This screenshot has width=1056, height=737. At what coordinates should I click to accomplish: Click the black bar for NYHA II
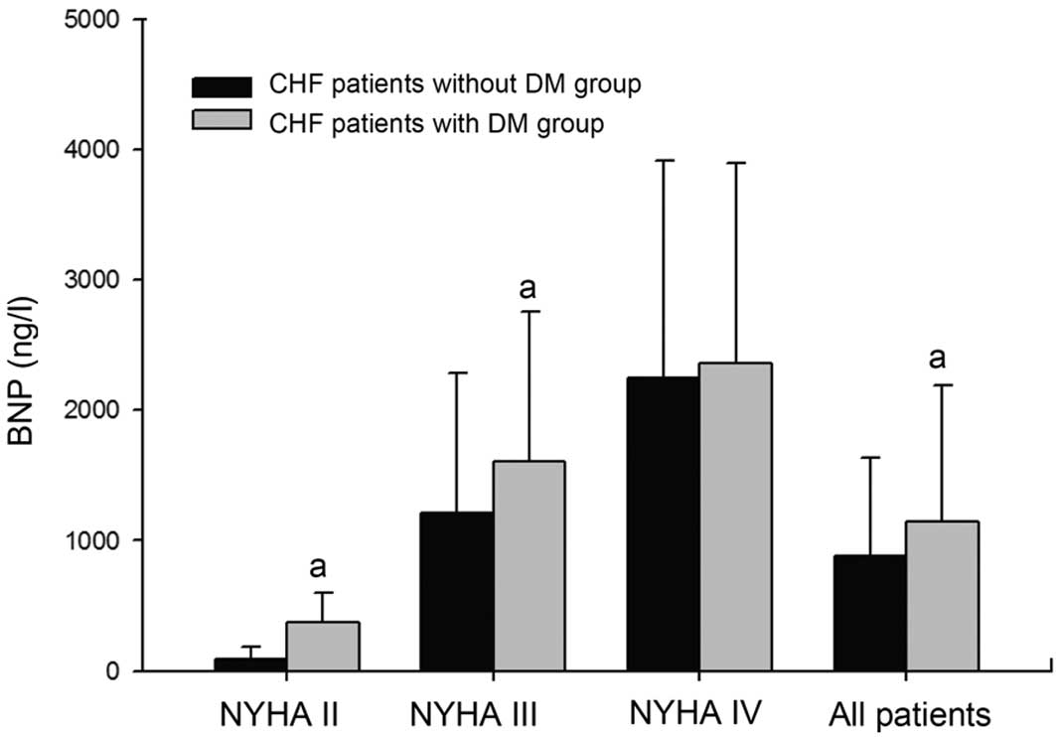point(250,664)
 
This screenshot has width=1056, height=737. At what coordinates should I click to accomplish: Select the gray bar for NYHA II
point(323,647)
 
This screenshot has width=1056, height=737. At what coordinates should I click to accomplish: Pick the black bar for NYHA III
point(457,592)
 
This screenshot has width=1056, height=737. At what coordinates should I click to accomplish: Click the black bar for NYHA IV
point(663,524)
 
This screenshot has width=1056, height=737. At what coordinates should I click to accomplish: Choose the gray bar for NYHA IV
point(735,517)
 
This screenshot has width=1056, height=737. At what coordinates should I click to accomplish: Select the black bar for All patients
point(869,613)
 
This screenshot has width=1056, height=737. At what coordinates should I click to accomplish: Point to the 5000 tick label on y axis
point(87,20)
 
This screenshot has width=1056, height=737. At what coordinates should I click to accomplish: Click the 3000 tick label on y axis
point(87,280)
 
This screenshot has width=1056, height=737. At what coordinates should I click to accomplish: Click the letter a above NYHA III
point(528,289)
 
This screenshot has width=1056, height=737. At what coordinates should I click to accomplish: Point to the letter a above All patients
point(937,357)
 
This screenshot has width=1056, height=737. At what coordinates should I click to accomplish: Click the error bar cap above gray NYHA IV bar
point(735,162)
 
